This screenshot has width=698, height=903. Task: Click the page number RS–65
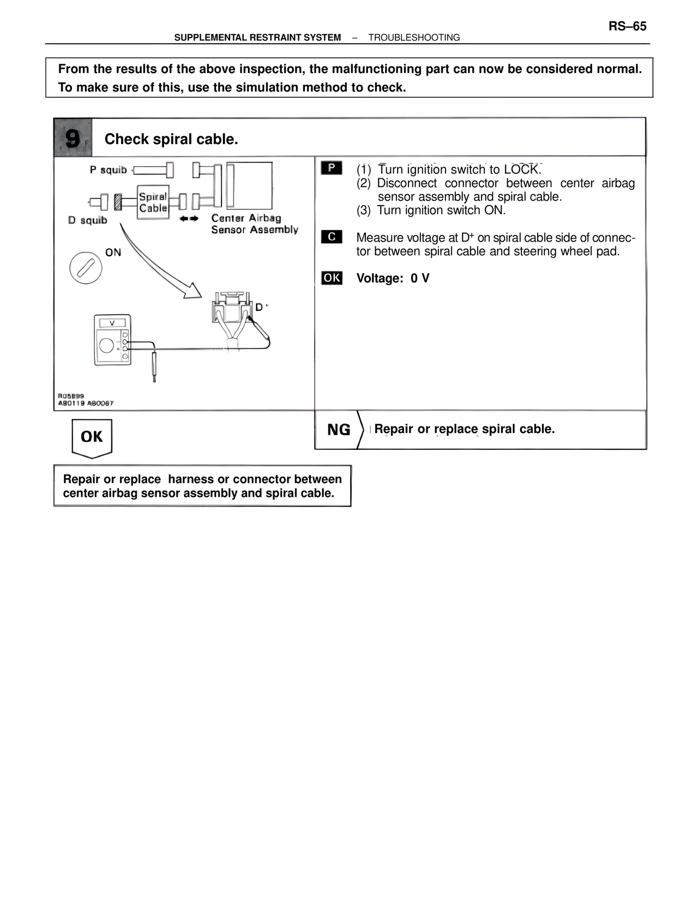[627, 26]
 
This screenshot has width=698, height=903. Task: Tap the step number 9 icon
[73, 138]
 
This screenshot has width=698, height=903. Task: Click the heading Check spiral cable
[171, 139]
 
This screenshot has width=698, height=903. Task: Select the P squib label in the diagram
[108, 170]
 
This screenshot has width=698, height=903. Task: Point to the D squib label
[87, 220]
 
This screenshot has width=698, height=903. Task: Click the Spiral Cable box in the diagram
[153, 202]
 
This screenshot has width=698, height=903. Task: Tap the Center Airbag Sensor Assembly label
[254, 224]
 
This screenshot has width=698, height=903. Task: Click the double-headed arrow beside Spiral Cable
[189, 218]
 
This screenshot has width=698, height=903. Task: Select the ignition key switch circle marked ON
[86, 268]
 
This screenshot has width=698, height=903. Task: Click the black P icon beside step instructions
[332, 168]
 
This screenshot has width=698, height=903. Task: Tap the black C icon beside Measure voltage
[332, 237]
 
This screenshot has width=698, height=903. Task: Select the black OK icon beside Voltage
[332, 278]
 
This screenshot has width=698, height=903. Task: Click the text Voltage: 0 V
[393, 278]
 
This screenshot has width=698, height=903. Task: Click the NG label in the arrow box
[338, 430]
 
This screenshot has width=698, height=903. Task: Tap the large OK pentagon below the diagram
[92, 437]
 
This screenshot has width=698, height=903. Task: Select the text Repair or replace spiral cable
[464, 429]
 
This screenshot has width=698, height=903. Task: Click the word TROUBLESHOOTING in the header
[414, 38]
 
